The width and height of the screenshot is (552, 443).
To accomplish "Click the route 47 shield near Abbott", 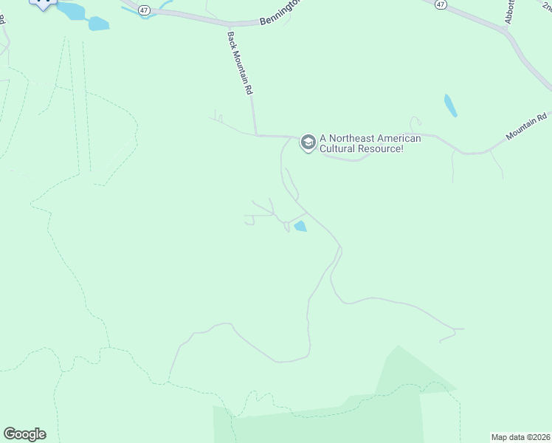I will pos(441,4).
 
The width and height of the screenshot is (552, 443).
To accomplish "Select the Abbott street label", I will pos(508,13).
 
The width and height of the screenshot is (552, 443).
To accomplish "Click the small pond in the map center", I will pos(300,227).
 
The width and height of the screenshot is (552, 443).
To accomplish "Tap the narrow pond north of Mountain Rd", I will pos(450,106).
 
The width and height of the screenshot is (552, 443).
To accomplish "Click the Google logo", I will pos(24,434).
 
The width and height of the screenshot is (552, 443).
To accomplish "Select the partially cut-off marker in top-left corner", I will pos(44,3).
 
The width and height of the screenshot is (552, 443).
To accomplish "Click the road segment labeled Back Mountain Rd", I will pos(253,111).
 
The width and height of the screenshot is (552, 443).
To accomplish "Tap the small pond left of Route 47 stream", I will pos(98,24).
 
